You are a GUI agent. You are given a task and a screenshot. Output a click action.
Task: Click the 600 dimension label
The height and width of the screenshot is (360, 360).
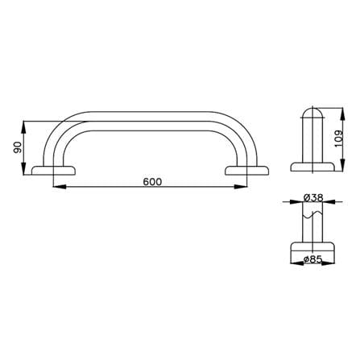click(x=152, y=182)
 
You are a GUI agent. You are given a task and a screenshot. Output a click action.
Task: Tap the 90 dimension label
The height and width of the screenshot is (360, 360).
click(x=17, y=148)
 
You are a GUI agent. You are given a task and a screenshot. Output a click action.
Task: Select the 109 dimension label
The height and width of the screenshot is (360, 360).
click(x=339, y=139)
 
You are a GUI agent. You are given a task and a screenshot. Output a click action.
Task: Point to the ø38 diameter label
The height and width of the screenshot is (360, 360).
click(x=313, y=198)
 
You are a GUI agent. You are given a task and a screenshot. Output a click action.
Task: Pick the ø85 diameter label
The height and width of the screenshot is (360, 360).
click(x=313, y=259)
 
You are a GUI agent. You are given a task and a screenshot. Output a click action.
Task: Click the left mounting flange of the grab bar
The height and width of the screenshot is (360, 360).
click(x=54, y=171)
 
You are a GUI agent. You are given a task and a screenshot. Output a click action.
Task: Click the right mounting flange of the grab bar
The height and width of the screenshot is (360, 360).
click(x=247, y=171)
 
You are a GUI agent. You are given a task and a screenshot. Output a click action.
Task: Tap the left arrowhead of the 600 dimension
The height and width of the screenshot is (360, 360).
click(x=60, y=187)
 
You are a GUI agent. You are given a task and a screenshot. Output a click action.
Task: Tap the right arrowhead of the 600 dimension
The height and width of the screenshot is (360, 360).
click(x=241, y=187)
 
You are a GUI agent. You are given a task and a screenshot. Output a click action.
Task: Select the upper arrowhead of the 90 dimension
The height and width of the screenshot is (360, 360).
click(x=24, y=127)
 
